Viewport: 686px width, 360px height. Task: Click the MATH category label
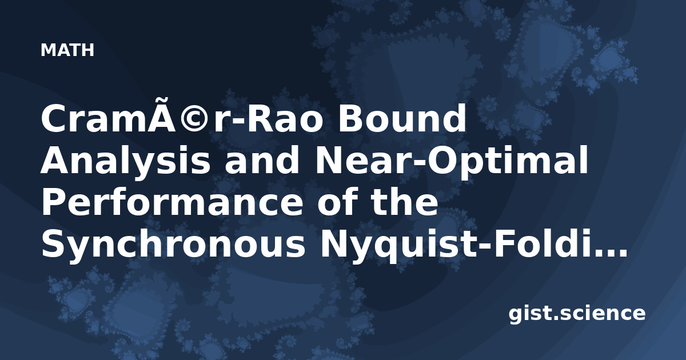67,50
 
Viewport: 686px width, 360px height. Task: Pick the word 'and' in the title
262,160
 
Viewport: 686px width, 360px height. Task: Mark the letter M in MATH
47,50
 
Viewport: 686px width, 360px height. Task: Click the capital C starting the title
53,118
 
